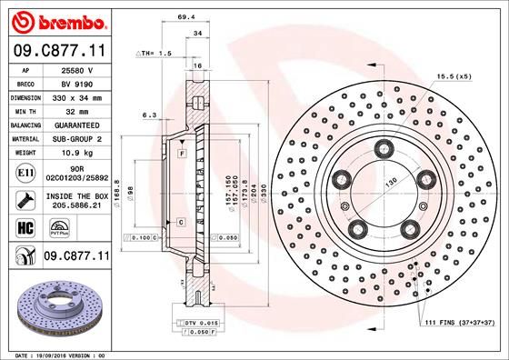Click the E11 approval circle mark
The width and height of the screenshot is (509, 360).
[26, 171]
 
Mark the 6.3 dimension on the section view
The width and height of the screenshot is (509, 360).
[151, 115]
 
